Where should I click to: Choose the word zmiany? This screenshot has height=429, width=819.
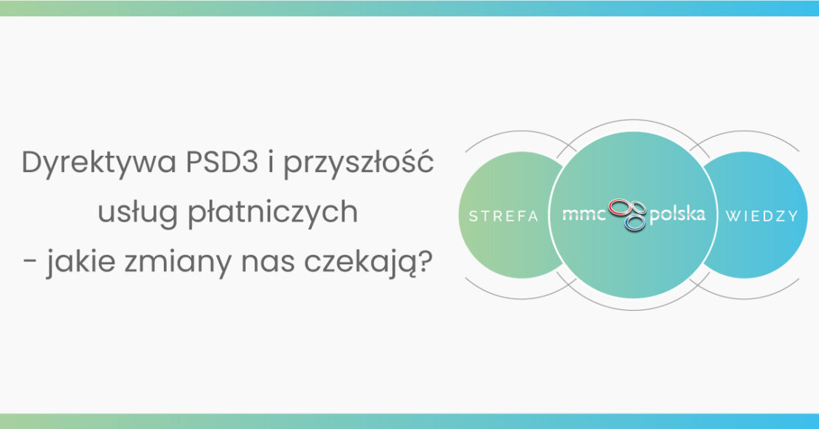(x=178, y=263)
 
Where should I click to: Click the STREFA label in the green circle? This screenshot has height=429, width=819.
(x=503, y=216)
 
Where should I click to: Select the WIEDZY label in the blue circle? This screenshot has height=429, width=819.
(x=761, y=216)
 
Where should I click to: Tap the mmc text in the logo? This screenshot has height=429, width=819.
(x=584, y=214)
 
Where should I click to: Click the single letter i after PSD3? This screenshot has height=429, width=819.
(x=271, y=162)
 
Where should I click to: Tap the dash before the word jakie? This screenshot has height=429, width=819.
(x=30, y=263)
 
